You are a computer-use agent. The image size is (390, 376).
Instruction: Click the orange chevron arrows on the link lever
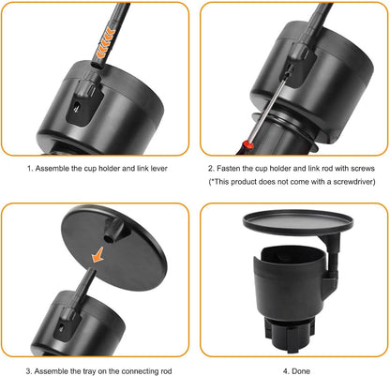(x=106, y=43)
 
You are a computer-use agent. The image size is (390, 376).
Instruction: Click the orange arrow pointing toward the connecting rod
(x=97, y=254)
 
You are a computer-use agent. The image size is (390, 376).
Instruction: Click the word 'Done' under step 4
(x=300, y=371)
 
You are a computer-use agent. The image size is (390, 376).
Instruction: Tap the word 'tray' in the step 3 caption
(x=78, y=371)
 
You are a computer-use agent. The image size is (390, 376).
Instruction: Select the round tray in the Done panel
(x=298, y=222)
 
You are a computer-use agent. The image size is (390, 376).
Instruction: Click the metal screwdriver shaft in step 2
(x=268, y=110)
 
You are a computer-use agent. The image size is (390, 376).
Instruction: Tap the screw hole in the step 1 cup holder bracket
(x=77, y=108)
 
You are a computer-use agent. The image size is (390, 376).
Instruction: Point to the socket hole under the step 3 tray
(x=109, y=240)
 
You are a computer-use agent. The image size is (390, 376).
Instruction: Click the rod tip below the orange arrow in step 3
(x=93, y=270)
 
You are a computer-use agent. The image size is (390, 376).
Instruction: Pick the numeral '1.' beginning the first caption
(x=30, y=169)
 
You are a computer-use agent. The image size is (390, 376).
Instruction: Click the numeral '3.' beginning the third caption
(x=29, y=371)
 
